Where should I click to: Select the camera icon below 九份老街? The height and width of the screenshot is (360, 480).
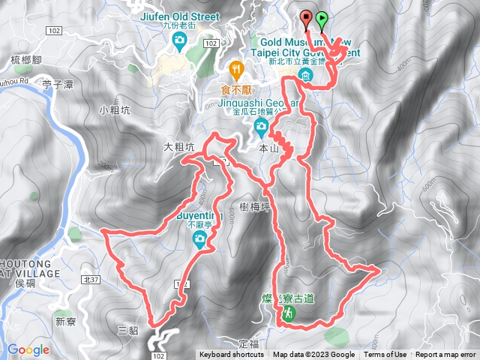point(178,42)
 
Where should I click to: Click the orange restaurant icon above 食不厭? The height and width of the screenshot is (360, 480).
point(237,71)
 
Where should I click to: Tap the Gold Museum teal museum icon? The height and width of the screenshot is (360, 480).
point(306,76)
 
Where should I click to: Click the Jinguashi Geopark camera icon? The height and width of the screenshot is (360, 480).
point(260,125)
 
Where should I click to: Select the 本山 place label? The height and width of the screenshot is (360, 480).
point(268,148)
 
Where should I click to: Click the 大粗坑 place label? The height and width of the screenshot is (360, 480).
point(178,148)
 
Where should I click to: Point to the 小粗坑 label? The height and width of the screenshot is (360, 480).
point(114,110)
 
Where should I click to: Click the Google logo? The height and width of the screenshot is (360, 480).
point(28,349)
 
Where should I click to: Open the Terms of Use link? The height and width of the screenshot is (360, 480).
point(386,355)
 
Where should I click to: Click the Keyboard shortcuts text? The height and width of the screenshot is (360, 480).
point(232,355)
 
